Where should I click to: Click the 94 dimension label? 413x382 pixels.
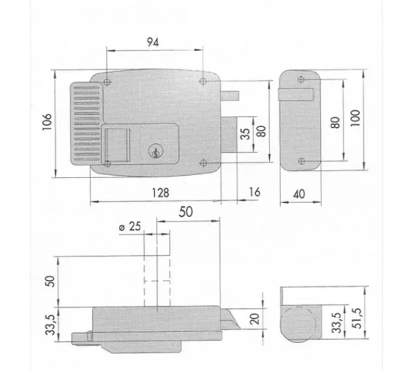153,42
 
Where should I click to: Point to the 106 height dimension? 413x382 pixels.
47,122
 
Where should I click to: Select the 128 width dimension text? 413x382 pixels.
160,193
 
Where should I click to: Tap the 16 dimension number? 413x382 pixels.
254,192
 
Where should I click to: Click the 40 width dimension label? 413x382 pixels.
299,194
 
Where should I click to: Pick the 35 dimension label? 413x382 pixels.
245,134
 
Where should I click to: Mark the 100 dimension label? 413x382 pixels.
355,118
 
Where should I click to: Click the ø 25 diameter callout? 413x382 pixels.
130,226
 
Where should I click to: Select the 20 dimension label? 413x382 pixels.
254,319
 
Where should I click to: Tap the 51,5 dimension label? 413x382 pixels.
357,318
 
